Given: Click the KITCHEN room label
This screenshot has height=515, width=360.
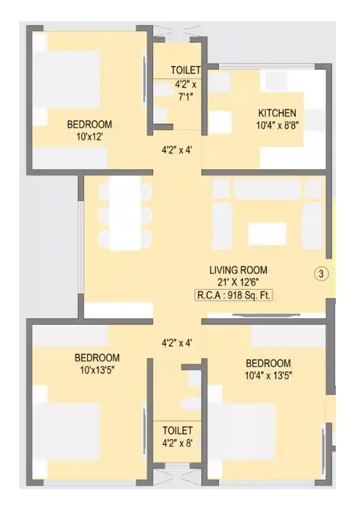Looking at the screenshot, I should tap(277, 113).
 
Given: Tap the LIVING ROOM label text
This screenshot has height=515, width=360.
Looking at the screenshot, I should tap(238, 270).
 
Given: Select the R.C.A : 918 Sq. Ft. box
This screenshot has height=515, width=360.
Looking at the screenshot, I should tap(233, 295).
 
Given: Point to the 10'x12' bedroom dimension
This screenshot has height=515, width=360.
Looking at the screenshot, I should tap(89, 137).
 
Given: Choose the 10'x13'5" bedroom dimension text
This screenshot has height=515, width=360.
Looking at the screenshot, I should tap(97, 370).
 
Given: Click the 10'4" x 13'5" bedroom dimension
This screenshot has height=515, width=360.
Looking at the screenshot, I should tap(268, 375).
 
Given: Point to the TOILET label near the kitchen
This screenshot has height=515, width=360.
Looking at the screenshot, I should tap(186, 70).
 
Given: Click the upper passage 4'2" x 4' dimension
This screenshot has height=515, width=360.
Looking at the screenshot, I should tap(177, 150).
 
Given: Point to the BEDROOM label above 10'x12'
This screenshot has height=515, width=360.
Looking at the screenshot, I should tap(89, 124).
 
